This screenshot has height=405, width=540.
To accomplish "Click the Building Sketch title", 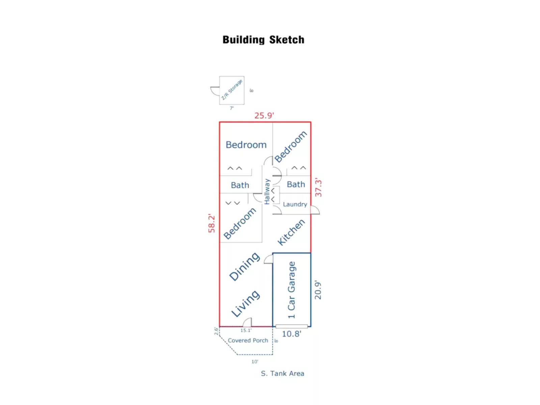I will click(x=263, y=40).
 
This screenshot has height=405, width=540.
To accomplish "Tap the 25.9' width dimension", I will click(x=264, y=115).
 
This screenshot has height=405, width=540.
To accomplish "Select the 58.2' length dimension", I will click(x=212, y=223).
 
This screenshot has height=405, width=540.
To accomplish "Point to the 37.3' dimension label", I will click(x=318, y=188).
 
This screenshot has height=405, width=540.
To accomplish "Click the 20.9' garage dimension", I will click(x=318, y=290).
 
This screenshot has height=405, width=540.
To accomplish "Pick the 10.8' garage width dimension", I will click(x=291, y=334).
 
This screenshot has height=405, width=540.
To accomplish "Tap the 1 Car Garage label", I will click(x=291, y=290).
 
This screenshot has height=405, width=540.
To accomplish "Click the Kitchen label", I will click(x=291, y=232).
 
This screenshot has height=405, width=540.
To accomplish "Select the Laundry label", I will click(x=295, y=204).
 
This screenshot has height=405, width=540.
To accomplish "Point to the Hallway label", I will click(x=267, y=191).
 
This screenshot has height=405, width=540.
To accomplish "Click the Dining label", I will click(x=244, y=266).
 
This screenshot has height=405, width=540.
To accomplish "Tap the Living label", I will click(x=245, y=303).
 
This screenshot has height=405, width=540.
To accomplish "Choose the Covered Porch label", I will click(x=248, y=341).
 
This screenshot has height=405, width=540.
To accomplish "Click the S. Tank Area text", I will click(x=282, y=373).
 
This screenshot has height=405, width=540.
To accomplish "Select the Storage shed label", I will click(x=232, y=90).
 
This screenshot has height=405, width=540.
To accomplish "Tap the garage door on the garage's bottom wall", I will click(x=292, y=326).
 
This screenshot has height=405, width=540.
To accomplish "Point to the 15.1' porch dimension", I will click(x=246, y=330).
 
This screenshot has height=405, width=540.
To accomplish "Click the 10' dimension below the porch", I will click(x=254, y=361).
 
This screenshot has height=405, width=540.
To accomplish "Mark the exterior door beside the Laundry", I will click(x=315, y=210).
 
